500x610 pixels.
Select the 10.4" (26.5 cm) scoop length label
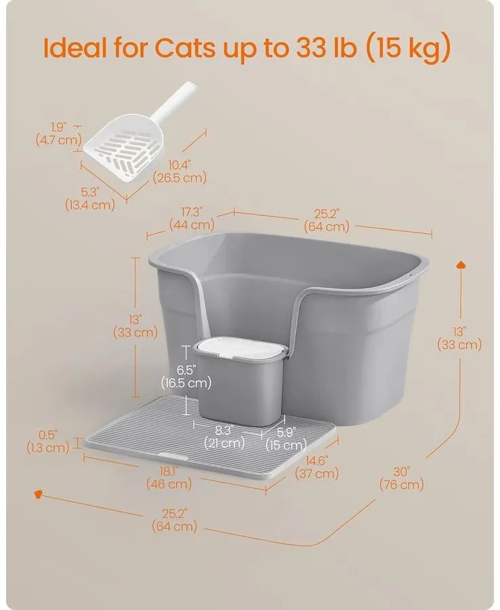[x=180, y=171]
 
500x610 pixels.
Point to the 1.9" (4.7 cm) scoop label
[x=59, y=134]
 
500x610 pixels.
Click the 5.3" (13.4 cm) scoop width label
[x=90, y=199]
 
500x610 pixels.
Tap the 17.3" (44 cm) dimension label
[x=192, y=218]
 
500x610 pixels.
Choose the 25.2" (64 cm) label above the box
[x=327, y=220]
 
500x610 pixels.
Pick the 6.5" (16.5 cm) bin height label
[x=186, y=377]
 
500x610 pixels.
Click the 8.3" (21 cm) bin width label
[x=224, y=436]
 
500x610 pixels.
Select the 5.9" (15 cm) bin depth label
[x=286, y=438]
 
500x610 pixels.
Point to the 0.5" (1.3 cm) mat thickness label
[x=48, y=441]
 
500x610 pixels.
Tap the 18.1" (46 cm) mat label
[x=169, y=478]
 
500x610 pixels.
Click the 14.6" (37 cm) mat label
[x=317, y=467]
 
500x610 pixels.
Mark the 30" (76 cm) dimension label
[x=402, y=478]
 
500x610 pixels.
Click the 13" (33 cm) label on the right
[x=459, y=338]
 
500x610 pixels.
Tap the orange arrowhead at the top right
[x=461, y=265]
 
